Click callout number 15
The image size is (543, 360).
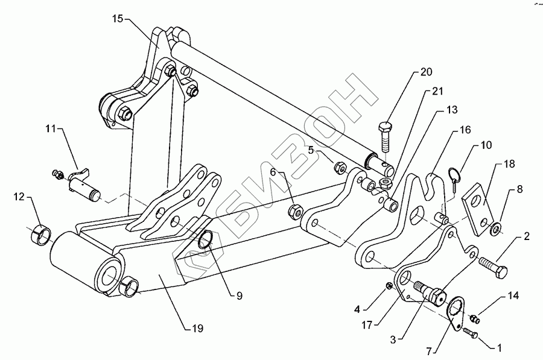click(118, 19)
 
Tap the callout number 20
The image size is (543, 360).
click(427, 72)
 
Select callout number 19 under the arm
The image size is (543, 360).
click(197, 328)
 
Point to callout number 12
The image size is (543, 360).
click(19, 197)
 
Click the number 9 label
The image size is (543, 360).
click(240, 295)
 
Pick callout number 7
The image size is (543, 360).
click(429, 352)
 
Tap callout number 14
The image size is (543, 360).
click(513, 295)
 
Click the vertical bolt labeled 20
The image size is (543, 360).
click(386, 137)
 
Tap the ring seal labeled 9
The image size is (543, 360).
click(206, 239)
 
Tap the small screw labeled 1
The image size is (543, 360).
click(470, 333)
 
